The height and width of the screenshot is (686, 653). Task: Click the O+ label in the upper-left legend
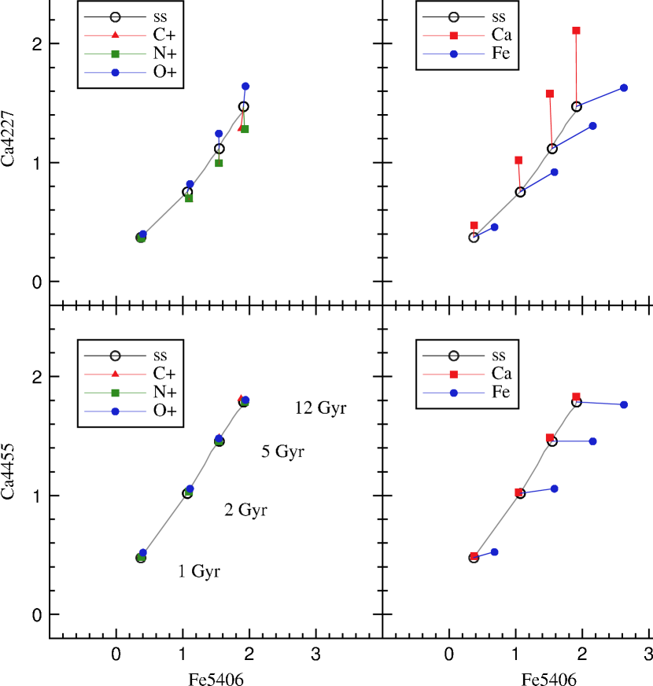pyautogui.click(x=164, y=73)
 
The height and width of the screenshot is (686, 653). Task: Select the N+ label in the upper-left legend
pyautogui.click(x=164, y=54)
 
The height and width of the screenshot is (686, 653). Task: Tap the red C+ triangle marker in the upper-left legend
pyautogui.click(x=115, y=35)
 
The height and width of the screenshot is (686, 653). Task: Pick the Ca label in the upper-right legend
pyautogui.click(x=501, y=35)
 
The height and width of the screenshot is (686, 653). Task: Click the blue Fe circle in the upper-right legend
pyautogui.click(x=454, y=53)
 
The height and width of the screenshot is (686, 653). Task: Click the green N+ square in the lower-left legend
pyautogui.click(x=115, y=392)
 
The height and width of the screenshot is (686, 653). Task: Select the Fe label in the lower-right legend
pyautogui.click(x=501, y=392)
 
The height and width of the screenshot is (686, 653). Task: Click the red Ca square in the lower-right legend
pyautogui.click(x=454, y=373)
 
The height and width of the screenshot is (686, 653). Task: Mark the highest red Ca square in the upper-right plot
pyautogui.click(x=577, y=31)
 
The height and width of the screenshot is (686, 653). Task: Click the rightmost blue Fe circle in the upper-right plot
pyautogui.click(x=624, y=88)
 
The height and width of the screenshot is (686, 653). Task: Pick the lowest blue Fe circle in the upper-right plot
pyautogui.click(x=494, y=227)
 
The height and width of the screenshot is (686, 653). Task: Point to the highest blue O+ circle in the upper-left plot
pyautogui.click(x=245, y=86)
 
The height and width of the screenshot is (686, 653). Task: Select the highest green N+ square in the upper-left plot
pyautogui.click(x=245, y=129)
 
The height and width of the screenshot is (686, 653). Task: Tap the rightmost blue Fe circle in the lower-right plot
pyautogui.click(x=624, y=404)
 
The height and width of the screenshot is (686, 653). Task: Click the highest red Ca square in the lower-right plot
pyautogui.click(x=577, y=396)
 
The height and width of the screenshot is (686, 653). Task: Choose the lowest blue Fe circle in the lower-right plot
pyautogui.click(x=494, y=551)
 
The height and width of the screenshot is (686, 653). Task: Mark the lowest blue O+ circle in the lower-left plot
pyautogui.click(x=143, y=552)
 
